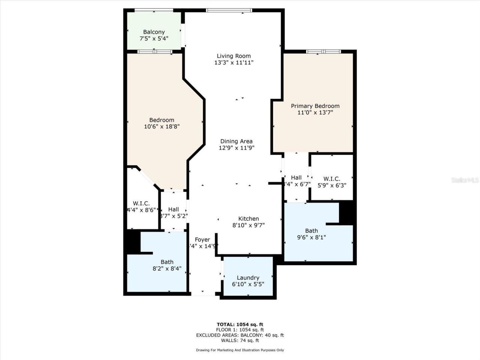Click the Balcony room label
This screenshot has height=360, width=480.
(x=154, y=32)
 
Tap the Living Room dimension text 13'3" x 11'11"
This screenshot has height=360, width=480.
(x=234, y=63)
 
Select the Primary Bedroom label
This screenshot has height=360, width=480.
(x=315, y=106)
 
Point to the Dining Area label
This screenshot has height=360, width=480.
(x=236, y=141)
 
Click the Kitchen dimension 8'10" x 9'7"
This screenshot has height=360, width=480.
(x=249, y=225)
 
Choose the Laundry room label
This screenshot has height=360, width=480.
(x=248, y=278)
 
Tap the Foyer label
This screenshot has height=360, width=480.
(x=202, y=240)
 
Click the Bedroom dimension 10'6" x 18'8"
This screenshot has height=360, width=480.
(x=162, y=127)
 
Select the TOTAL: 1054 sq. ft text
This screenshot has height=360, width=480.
(x=240, y=324)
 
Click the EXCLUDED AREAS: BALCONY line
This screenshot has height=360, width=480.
(x=240, y=335)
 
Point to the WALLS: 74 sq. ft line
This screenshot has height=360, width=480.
(x=240, y=340)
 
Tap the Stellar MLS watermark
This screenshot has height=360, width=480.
(x=465, y=180)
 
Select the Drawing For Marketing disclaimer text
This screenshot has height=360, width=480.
(x=240, y=350)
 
